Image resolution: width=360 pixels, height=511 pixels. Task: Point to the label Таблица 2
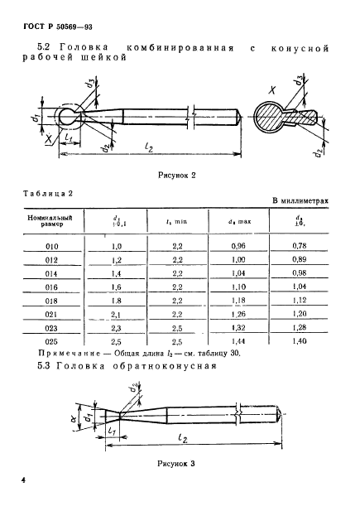click(x=47, y=192)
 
